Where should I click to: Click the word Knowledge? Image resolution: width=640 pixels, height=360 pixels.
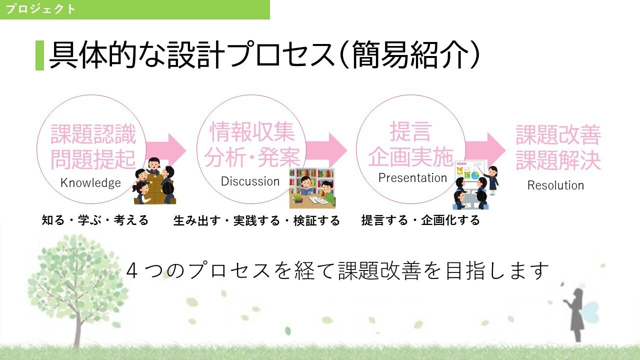pyautogui.click(x=90, y=183)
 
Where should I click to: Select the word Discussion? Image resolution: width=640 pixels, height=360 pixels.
pyautogui.click(x=250, y=181)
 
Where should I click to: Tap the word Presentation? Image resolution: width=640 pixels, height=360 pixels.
pyautogui.click(x=412, y=178)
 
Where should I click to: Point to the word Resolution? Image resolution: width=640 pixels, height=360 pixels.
pyautogui.click(x=555, y=185)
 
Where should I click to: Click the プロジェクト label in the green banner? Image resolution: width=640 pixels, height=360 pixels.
pyautogui.click(x=40, y=9)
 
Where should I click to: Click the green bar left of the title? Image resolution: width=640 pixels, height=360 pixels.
pyautogui.click(x=39, y=55)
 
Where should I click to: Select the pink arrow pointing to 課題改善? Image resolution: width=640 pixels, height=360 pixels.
pyautogui.click(x=485, y=149)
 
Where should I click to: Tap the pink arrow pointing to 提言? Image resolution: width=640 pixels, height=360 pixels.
pyautogui.click(x=326, y=149)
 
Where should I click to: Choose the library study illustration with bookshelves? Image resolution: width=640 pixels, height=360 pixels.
pyautogui.click(x=312, y=188)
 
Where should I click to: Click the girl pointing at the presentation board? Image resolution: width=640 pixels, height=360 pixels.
pyautogui.click(x=492, y=180)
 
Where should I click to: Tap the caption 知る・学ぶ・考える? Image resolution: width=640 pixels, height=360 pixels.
pyautogui.click(x=95, y=220)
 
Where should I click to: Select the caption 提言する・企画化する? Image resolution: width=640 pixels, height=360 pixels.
pyautogui.click(x=420, y=220)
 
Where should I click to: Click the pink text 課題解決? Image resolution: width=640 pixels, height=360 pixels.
pyautogui.click(x=558, y=160)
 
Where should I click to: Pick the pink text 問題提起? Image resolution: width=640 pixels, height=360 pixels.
pyautogui.click(x=93, y=159)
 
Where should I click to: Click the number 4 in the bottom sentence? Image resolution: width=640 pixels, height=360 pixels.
pyautogui.click(x=131, y=271)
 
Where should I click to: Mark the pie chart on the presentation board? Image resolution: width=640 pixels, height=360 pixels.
pyautogui.click(x=474, y=175)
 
